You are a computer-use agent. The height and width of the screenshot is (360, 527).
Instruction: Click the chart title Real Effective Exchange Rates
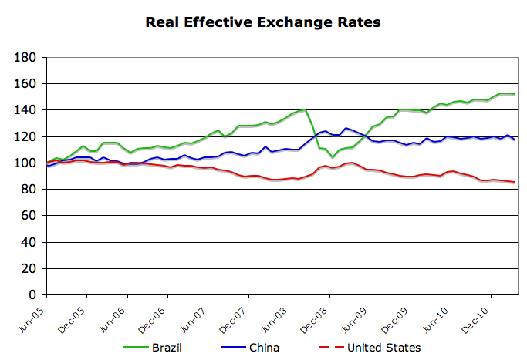click(x=263, y=22)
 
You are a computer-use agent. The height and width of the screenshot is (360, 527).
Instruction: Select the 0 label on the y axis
click(x=35, y=294)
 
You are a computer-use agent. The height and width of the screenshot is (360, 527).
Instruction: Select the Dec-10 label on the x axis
click(x=478, y=315)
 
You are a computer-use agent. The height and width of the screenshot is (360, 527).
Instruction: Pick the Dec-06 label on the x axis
click(x=154, y=315)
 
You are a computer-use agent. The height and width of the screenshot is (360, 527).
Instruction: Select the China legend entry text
click(x=264, y=348)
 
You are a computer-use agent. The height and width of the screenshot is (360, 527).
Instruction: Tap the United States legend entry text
click(x=383, y=348)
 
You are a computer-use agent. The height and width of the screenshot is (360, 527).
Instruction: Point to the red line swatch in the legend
click(x=326, y=348)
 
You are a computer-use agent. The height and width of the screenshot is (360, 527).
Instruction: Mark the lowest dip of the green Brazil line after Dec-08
click(x=333, y=156)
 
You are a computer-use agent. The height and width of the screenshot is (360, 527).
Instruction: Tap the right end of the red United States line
click(x=514, y=182)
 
